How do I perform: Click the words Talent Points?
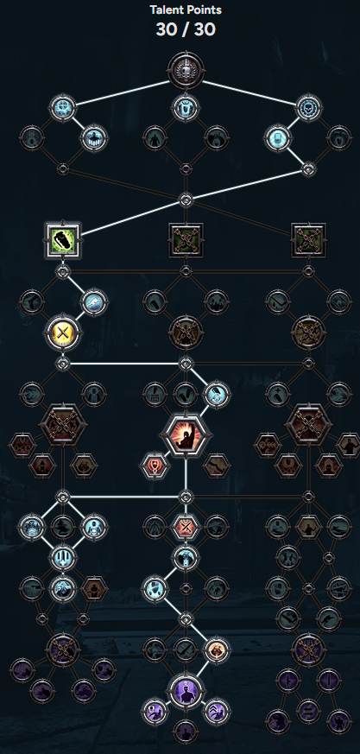(x=186, y=10)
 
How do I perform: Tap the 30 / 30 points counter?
(x=186, y=30)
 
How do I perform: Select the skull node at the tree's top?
(x=186, y=71)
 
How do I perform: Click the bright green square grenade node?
(x=62, y=240)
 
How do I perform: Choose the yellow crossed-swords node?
(x=62, y=332)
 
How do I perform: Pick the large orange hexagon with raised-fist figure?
(x=186, y=435)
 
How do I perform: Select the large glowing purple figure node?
(x=186, y=692)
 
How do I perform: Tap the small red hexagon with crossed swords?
(x=186, y=527)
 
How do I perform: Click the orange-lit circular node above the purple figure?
(x=217, y=650)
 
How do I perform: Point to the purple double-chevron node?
(x=217, y=712)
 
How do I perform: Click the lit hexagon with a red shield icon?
(x=155, y=466)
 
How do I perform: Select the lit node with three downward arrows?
(x=62, y=558)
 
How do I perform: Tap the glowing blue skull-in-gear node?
(x=308, y=108)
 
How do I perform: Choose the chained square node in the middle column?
(x=186, y=240)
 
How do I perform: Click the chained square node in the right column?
(x=308, y=240)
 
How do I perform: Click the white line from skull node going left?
(x=123, y=92)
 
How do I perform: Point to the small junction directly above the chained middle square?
(x=186, y=200)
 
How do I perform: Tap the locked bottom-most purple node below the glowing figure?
(x=186, y=732)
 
